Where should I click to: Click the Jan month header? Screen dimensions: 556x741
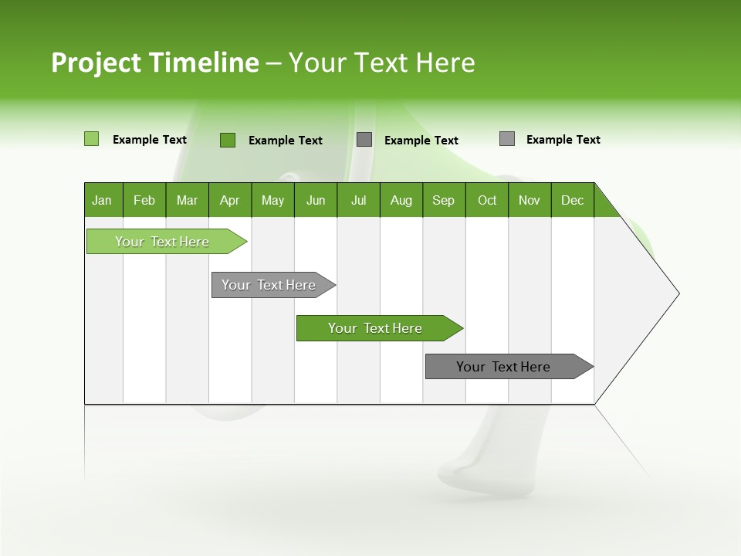click(x=103, y=200)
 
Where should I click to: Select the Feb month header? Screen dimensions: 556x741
click(x=144, y=200)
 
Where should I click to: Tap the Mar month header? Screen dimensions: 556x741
click(x=187, y=200)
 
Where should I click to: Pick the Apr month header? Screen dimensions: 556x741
click(x=230, y=200)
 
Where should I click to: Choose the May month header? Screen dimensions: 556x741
click(x=272, y=200)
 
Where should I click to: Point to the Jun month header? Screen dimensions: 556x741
click(x=316, y=200)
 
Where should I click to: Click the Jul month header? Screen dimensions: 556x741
click(x=358, y=200)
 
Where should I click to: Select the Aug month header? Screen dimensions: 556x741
click(x=401, y=200)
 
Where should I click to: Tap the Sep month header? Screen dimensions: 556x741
click(x=444, y=200)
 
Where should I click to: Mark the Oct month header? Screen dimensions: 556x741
click(x=487, y=200)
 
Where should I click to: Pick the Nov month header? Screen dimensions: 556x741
click(x=530, y=200)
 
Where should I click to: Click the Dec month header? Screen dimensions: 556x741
click(x=573, y=200)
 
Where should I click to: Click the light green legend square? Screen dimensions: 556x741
click(x=92, y=139)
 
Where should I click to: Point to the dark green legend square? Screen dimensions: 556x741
click(x=228, y=140)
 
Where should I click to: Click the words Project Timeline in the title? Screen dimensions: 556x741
click(x=155, y=63)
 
